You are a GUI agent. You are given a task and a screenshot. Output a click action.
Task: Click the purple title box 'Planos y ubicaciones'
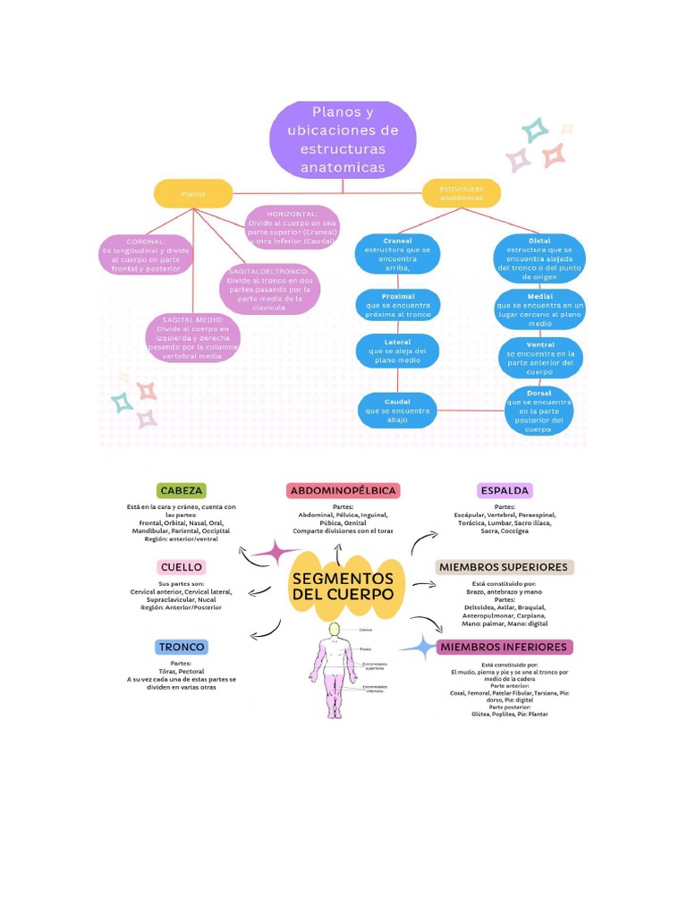(343, 140)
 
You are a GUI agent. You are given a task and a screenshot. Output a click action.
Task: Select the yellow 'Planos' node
(193, 193)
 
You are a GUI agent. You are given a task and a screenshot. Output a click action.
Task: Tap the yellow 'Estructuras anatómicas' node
(461, 193)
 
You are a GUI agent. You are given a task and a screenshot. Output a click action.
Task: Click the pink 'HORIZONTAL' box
(292, 228)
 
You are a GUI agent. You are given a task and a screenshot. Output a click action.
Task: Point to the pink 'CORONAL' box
(146, 255)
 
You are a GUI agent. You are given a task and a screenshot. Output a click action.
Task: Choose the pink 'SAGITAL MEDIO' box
(193, 337)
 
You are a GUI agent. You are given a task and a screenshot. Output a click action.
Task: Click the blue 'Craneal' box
(397, 254)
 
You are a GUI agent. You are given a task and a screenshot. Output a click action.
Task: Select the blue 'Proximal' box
(397, 304)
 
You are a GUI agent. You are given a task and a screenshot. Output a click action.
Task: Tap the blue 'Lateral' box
(397, 351)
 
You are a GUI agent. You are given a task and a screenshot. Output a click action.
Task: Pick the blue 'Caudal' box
(397, 411)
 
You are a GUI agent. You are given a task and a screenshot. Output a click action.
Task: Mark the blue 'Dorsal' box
(539, 411)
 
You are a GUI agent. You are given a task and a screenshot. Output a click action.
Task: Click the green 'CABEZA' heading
(182, 490)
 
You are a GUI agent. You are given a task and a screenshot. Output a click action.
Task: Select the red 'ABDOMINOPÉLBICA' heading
(343, 490)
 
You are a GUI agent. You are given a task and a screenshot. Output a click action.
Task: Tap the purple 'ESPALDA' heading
(505, 490)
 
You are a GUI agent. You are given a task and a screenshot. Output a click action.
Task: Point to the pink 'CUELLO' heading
(182, 567)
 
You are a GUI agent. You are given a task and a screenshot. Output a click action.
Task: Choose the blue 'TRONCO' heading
(182, 647)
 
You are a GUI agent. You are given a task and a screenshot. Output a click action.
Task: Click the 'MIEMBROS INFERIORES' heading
(503, 647)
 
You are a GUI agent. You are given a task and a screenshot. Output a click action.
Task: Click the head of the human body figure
(334, 630)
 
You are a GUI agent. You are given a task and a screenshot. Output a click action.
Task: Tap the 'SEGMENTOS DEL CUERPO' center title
(343, 587)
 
